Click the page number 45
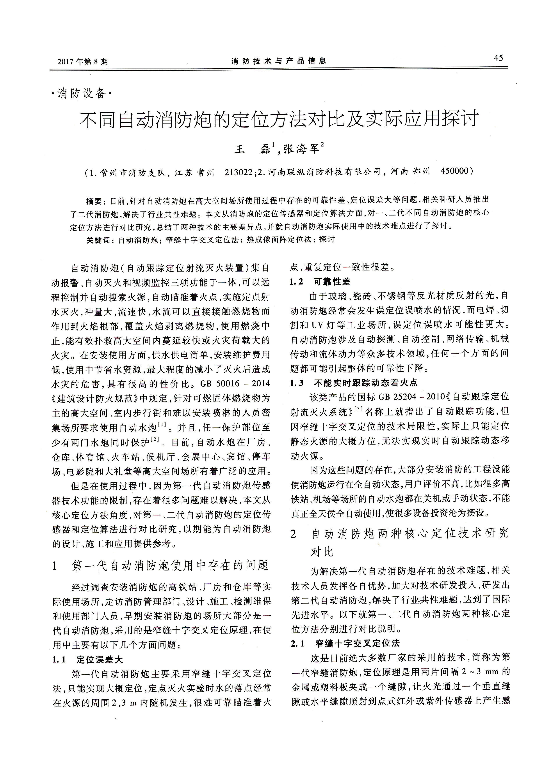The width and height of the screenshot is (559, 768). (x=498, y=58)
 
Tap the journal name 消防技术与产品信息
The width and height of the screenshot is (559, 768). (x=279, y=61)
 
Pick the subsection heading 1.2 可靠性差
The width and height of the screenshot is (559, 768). (x=320, y=282)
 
